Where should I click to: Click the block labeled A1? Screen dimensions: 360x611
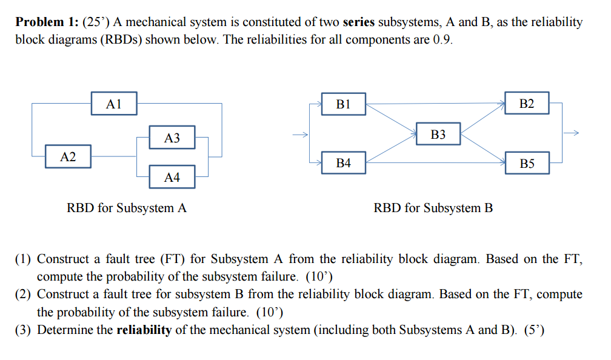point(114,104)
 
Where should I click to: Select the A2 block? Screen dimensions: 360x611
point(68,157)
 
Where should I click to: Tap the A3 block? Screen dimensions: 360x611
point(172,138)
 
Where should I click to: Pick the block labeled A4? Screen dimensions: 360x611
point(172,177)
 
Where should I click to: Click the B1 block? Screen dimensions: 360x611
point(343,104)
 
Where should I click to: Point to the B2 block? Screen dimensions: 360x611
point(527,104)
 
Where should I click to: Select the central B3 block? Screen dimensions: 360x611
point(438,134)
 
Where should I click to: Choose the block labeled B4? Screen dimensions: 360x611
point(343,163)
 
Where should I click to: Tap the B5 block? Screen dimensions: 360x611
point(527,163)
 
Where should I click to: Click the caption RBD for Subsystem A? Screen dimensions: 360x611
point(127,208)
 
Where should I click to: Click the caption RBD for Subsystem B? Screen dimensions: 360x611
point(433,208)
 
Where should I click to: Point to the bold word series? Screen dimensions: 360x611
point(359,22)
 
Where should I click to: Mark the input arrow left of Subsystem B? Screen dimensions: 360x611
point(299,134)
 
